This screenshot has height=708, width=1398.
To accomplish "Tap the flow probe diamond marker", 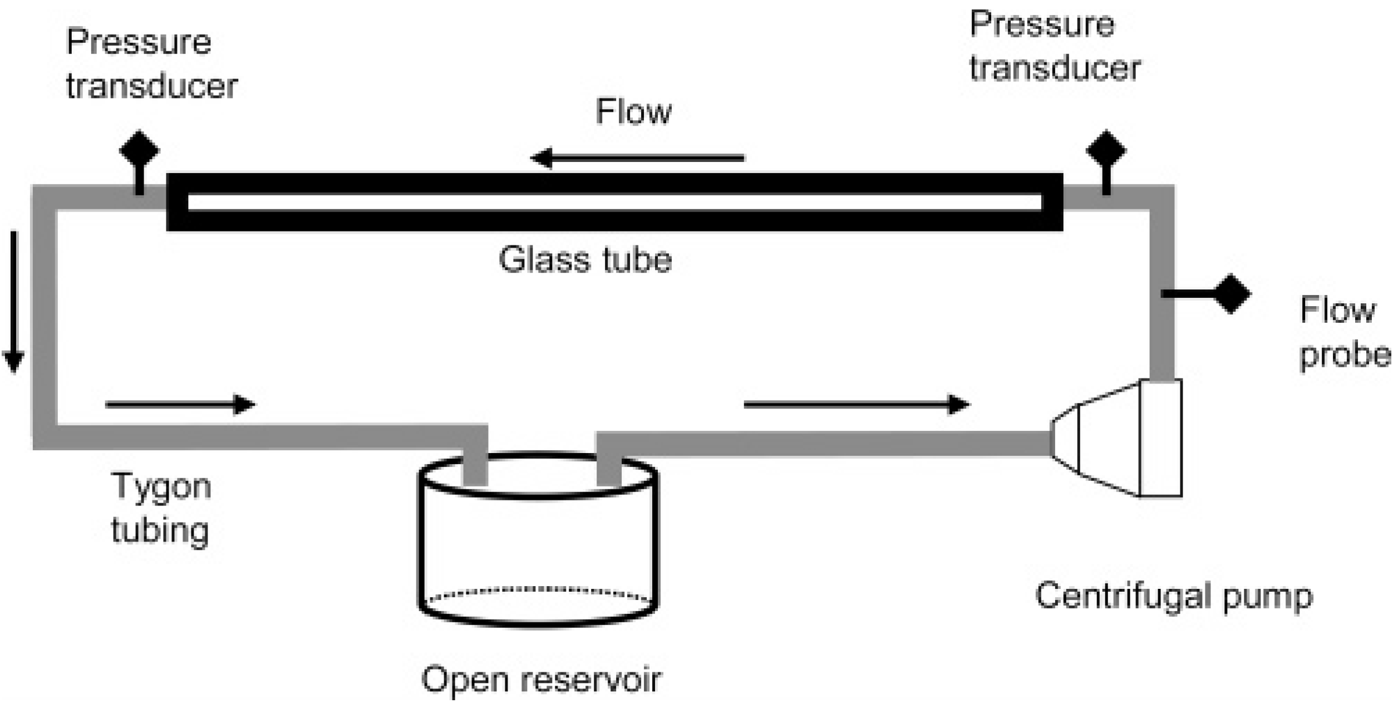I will tap(1232, 293).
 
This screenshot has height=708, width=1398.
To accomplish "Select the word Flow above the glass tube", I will tap(634, 111).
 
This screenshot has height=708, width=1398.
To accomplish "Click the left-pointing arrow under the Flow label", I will tap(637, 158).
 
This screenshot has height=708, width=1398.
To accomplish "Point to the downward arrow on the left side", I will tap(14, 301).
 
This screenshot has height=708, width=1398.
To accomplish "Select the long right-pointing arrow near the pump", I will tap(856, 405).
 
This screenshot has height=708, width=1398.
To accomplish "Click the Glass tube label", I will tap(585, 260).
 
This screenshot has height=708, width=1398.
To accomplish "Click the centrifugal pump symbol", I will tap(1119, 438).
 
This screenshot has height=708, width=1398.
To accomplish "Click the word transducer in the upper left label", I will tap(152, 86).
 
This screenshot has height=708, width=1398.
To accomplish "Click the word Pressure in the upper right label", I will tap(1042, 25).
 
